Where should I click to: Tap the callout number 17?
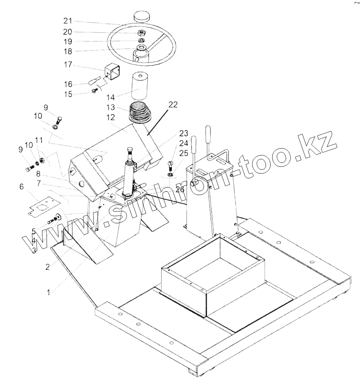[x=68, y=64]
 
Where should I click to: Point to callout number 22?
[x=173, y=104]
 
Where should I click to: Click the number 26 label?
[x=180, y=189]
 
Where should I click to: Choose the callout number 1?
[x=49, y=292]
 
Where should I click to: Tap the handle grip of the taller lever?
[x=208, y=134]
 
